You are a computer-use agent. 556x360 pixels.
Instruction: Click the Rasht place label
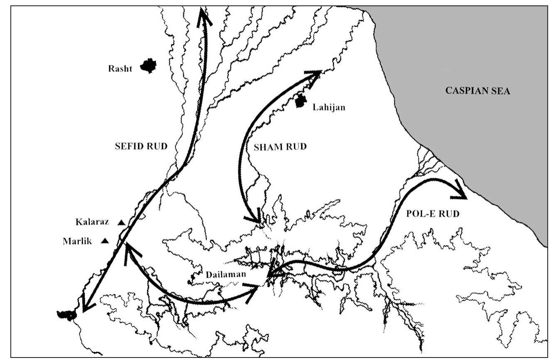click(x=120, y=69)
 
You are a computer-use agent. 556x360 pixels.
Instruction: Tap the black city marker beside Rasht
click(x=148, y=65)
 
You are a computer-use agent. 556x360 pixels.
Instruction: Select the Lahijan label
click(x=329, y=108)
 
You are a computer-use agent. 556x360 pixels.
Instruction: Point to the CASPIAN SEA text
click(x=478, y=91)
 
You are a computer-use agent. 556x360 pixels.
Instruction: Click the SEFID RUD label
click(x=141, y=146)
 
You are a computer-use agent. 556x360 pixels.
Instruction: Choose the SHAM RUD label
click(x=280, y=147)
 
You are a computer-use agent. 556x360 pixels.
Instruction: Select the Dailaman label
click(x=226, y=274)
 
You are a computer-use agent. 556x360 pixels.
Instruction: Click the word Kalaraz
click(x=92, y=222)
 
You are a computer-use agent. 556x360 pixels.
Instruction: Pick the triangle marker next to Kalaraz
click(x=121, y=223)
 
